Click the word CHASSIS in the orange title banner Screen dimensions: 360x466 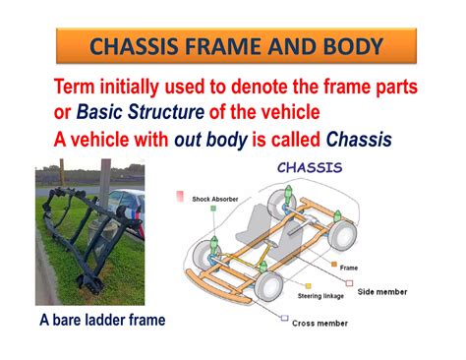[146, 45]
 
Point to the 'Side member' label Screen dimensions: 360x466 [384, 292]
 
